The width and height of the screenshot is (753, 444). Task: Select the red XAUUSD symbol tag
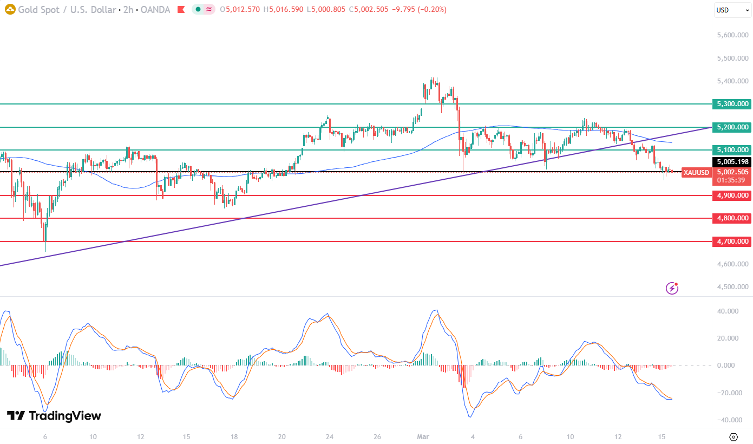[696, 173]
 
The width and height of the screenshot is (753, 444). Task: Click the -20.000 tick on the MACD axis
[728, 393]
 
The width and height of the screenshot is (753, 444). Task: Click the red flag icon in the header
[181, 9]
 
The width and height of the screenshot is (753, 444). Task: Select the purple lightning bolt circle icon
[672, 288]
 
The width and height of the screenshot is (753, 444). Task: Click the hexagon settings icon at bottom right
[734, 436]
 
